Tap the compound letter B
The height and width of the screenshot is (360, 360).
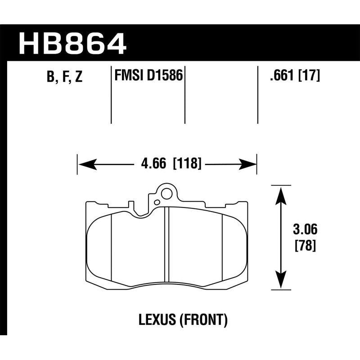(x=50, y=77)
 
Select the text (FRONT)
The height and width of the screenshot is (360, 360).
(x=202, y=320)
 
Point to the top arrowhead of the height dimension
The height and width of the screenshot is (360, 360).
(x=281, y=193)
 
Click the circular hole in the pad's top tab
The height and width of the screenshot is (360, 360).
(x=166, y=195)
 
